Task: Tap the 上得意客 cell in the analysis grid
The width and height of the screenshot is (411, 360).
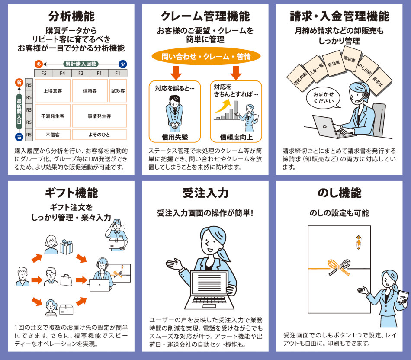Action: coord(53,91)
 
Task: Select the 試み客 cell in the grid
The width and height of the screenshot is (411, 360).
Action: coord(118,91)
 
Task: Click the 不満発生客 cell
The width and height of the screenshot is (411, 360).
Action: coord(53,116)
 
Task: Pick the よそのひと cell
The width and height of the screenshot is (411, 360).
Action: coord(99,135)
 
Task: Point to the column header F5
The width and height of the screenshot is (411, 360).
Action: coord(44,73)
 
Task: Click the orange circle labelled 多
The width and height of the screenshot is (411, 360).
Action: coord(39,64)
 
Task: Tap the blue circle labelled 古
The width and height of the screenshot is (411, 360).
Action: coord(19,137)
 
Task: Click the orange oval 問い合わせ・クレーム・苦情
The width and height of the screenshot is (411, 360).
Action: coord(206,56)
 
